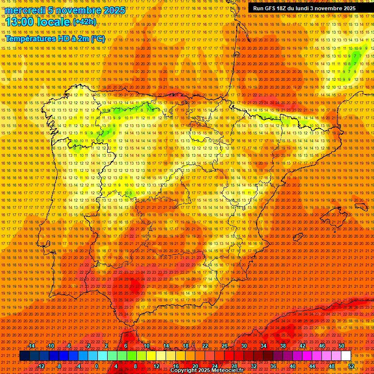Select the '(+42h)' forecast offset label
(x=84, y=22)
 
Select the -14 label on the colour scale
(x=31, y=346)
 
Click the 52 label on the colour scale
(x=351, y=366)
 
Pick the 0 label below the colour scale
(x=96, y=366)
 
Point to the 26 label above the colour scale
(x=224, y=346)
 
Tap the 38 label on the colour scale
(x=282, y=346)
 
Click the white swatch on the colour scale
(x=346, y=356)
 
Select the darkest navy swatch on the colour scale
(x=24, y=356)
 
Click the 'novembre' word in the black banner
(x=332, y=8)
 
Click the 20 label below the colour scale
(x=195, y=366)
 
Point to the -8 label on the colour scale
(x=59, y=366)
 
